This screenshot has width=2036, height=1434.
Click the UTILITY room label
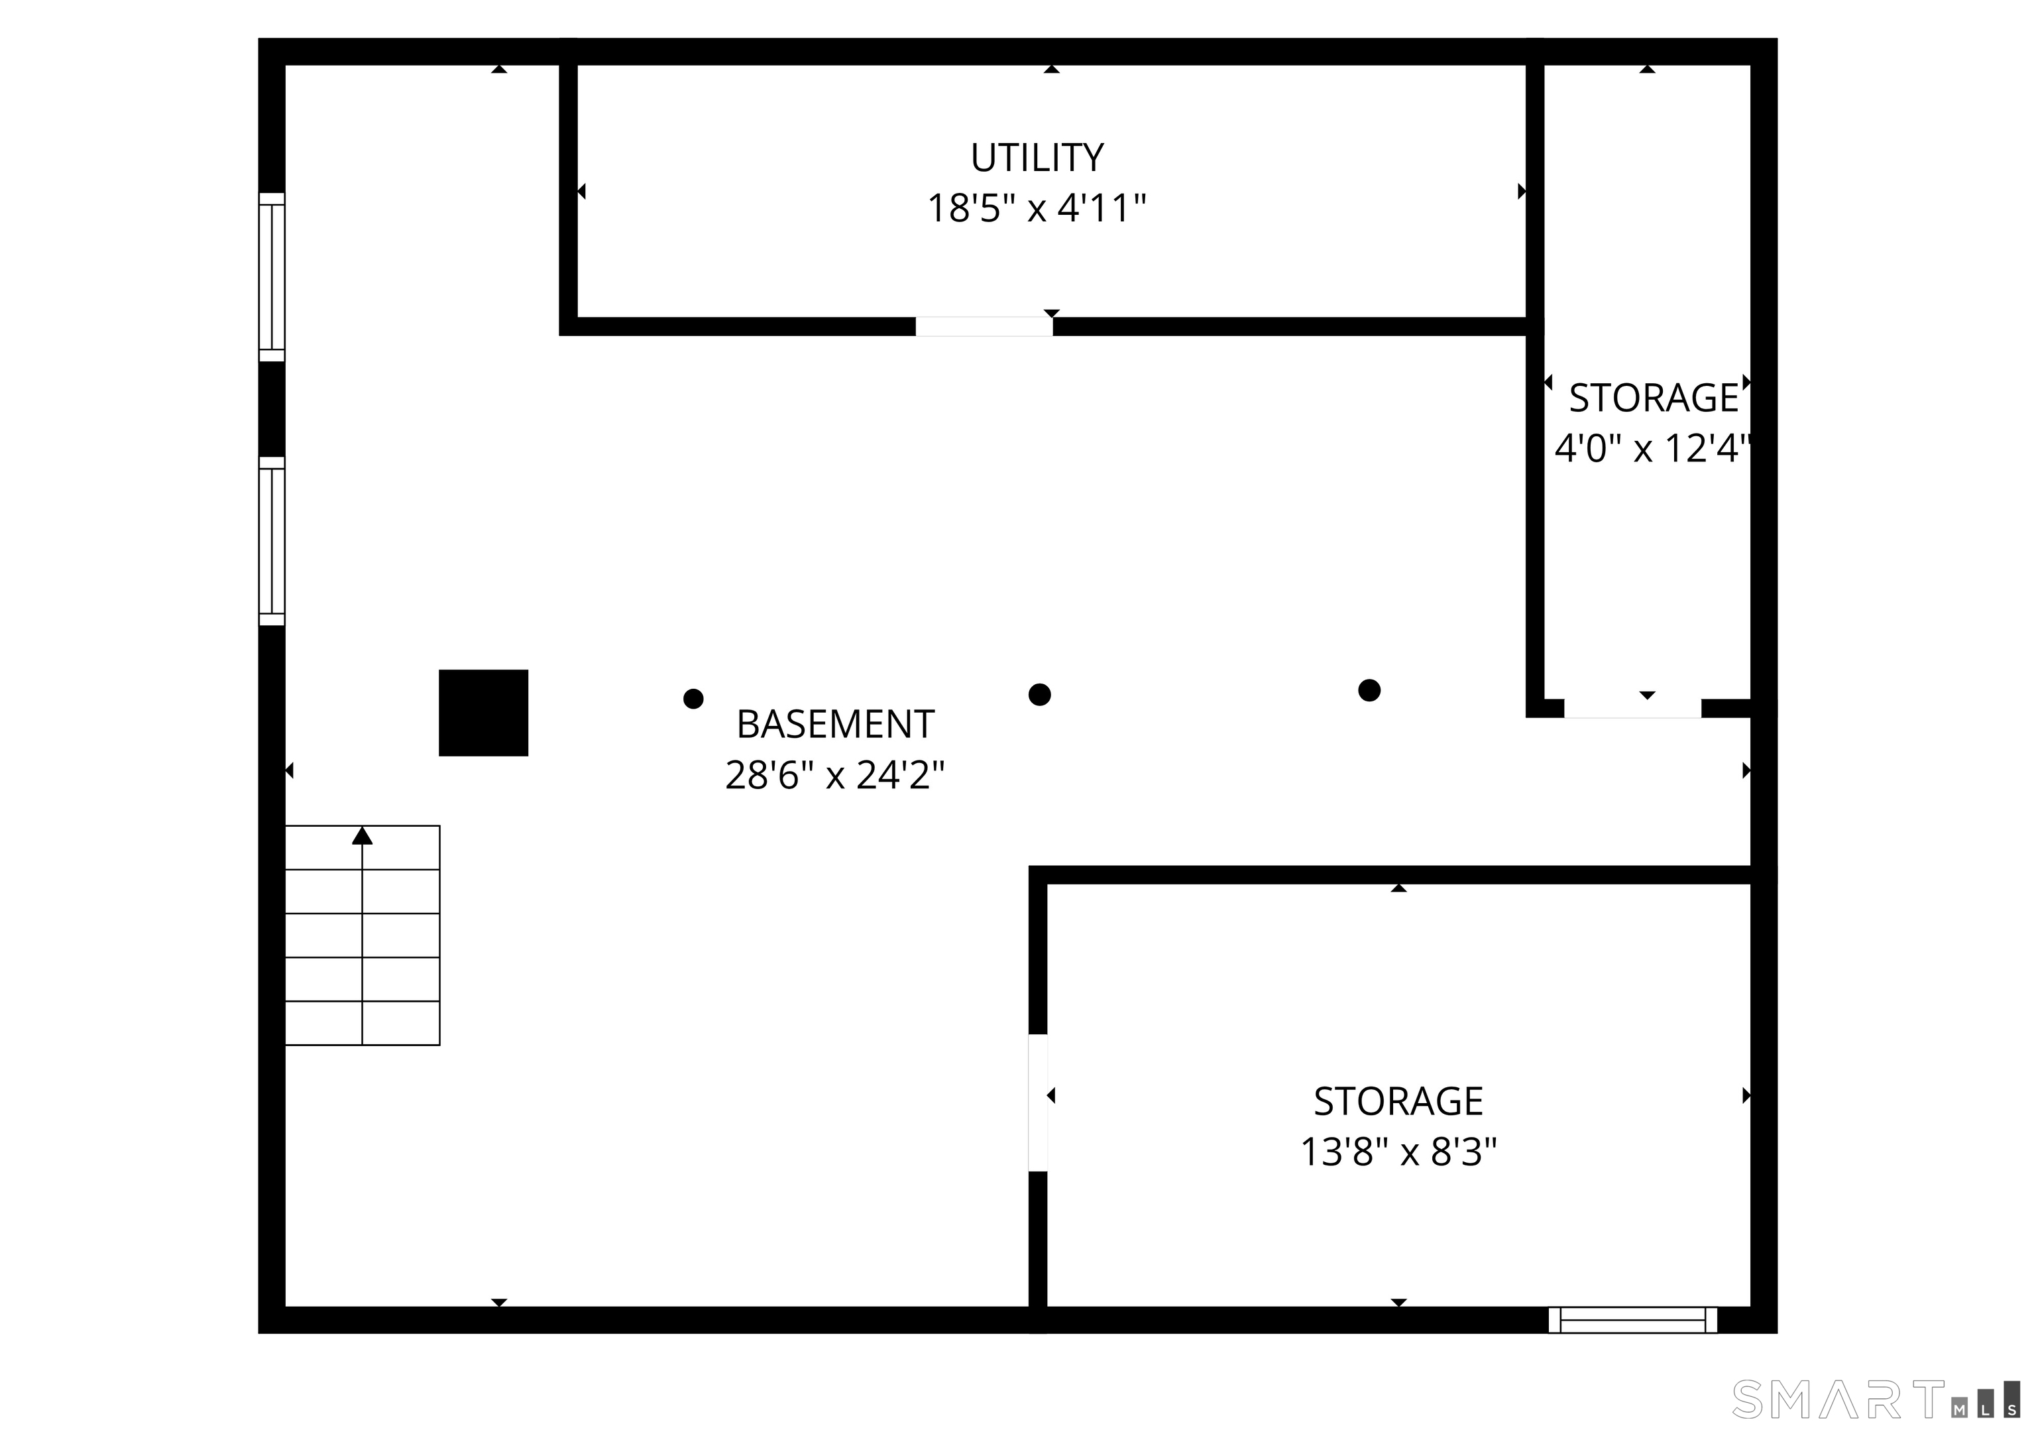click(x=1037, y=158)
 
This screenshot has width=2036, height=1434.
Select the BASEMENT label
click(x=835, y=725)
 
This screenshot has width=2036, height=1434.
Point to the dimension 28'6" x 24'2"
click(x=835, y=776)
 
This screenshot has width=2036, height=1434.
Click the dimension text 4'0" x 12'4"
click(x=1653, y=449)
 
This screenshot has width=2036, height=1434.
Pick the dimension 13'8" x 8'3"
click(x=1398, y=1153)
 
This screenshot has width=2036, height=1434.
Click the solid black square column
click(x=483, y=713)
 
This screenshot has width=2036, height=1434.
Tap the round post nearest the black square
click(x=693, y=699)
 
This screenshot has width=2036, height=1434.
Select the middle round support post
click(x=1039, y=694)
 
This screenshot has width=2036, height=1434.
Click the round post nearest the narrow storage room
click(x=1369, y=690)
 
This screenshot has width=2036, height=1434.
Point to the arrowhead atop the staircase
click(x=362, y=835)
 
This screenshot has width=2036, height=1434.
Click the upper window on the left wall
click(x=271, y=276)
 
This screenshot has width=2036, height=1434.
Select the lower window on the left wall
click(x=271, y=541)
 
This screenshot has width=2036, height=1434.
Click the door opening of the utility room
click(x=984, y=326)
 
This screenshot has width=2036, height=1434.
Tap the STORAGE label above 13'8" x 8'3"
click(x=1398, y=1101)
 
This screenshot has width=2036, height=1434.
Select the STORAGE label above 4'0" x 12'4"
click(x=1653, y=398)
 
